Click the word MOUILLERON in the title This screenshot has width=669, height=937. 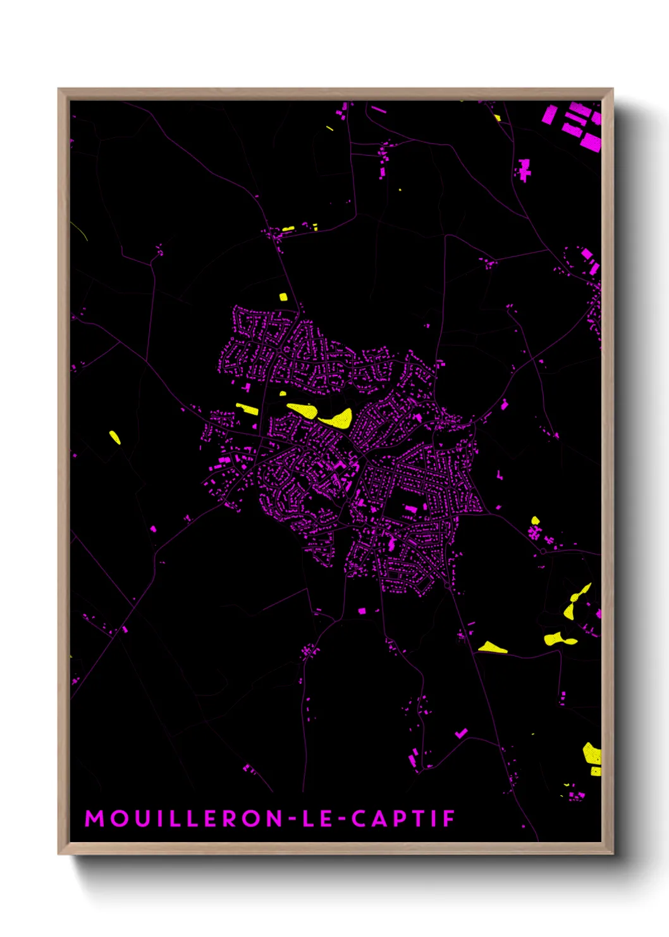(x=184, y=819)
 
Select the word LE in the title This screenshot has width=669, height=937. (x=318, y=819)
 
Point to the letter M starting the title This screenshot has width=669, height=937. (x=95, y=819)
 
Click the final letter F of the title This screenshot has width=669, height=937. (x=450, y=819)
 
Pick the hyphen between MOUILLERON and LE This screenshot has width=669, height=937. (x=293, y=819)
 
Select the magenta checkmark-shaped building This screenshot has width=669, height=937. (x=462, y=733)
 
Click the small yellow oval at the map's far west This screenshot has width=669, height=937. (x=114, y=437)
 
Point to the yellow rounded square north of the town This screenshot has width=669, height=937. (x=283, y=296)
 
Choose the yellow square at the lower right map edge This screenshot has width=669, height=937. (x=596, y=771)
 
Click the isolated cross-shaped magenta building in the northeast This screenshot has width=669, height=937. (x=524, y=170)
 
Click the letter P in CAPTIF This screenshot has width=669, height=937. (x=403, y=819)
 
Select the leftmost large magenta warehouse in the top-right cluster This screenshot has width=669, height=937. (x=549, y=115)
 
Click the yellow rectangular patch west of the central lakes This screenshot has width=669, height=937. (x=247, y=409)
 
